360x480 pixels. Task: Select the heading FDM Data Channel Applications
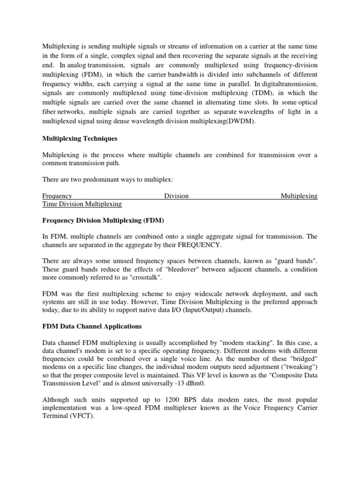pyautogui.click(x=92, y=326)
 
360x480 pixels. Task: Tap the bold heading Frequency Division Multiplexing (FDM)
pyautogui.click(x=104, y=220)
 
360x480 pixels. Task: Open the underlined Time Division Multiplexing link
pyautogui.click(x=82, y=204)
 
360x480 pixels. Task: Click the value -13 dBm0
pyautogui.click(x=187, y=383)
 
